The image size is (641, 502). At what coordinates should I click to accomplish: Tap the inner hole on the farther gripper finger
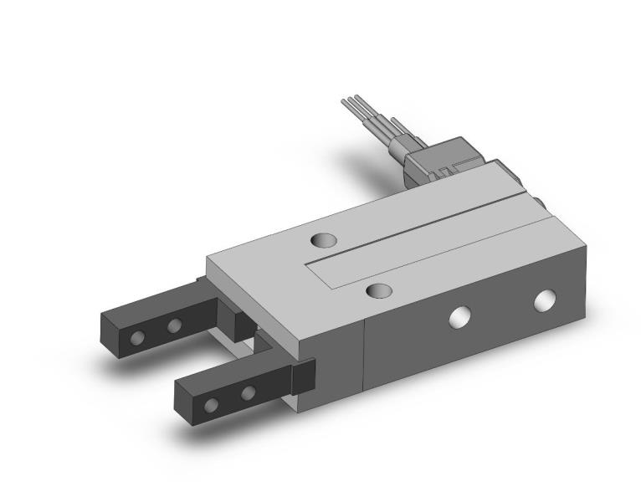175,325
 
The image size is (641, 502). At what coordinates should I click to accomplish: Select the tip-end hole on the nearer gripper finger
213,405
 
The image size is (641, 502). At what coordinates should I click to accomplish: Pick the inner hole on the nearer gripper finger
249,392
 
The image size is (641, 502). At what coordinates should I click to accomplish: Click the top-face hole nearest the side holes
380,290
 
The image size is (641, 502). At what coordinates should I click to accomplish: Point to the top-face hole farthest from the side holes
323,241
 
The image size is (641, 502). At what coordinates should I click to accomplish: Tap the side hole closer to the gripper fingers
459,316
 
